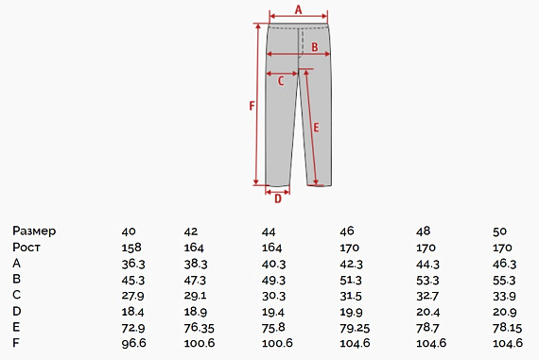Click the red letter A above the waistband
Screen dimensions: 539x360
point(299,9)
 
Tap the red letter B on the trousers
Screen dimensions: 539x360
point(315,47)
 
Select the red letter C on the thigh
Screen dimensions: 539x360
point(281,81)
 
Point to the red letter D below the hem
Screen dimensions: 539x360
point(278,198)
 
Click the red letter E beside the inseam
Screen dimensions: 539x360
point(316,128)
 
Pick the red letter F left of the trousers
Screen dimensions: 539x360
point(252,106)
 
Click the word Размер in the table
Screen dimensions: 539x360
point(34,231)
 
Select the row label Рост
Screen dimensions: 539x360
point(26,247)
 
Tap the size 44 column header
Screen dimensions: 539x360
point(269,231)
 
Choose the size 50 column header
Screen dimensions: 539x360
point(499,231)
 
